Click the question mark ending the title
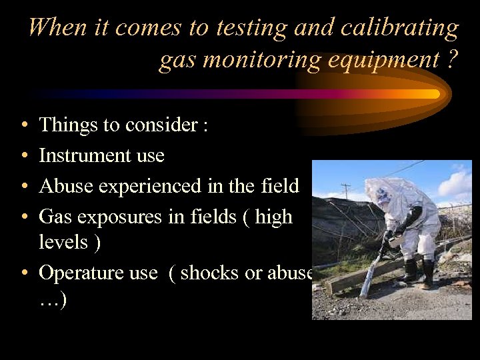click(453, 60)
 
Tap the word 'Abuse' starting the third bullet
click(66, 185)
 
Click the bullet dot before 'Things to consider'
click(24, 125)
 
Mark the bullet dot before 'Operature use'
click(24, 273)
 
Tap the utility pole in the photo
click(345, 191)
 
